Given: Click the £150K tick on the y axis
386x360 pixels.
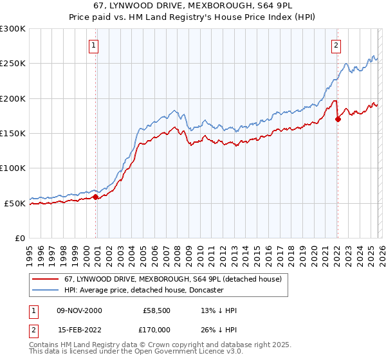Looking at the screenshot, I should coord(13,134).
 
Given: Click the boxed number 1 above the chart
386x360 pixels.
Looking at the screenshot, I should coord(94,45).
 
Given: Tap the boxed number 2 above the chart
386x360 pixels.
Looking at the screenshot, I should coord(336,45).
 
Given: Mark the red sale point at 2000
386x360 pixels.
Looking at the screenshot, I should coord(96,197).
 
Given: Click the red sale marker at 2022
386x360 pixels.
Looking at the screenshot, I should coord(338,119).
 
